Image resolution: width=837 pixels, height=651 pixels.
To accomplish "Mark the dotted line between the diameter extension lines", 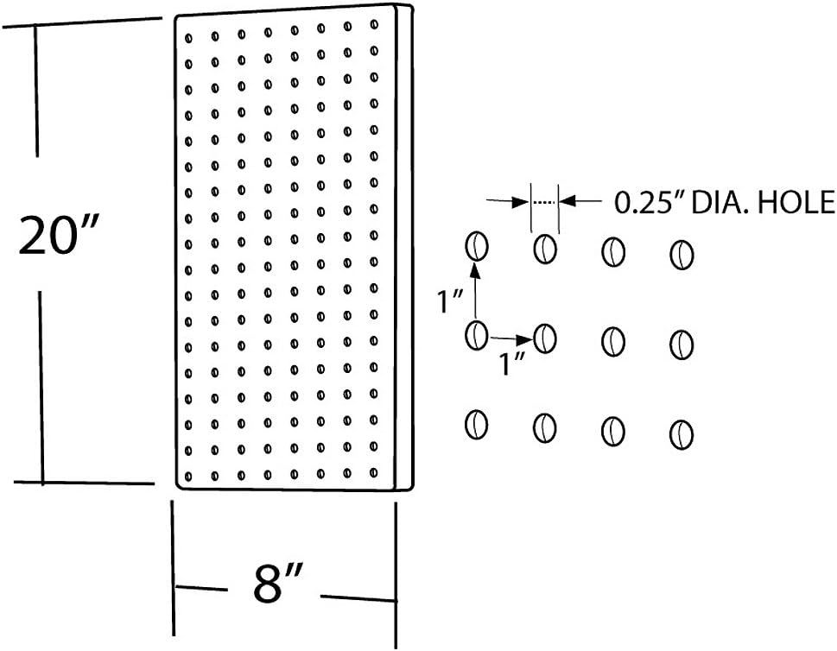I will pos(544,202).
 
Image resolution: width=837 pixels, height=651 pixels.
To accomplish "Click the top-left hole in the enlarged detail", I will pos(476,247).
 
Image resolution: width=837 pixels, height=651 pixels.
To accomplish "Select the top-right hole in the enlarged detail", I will pos(682,256).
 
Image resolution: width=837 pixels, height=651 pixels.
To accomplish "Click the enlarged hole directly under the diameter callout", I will pos(544,249).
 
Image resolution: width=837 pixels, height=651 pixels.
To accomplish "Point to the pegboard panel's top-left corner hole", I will pos(188,35).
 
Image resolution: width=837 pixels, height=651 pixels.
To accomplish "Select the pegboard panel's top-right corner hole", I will pos(374,26).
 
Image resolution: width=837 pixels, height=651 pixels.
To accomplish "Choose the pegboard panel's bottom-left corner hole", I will pos(189,475).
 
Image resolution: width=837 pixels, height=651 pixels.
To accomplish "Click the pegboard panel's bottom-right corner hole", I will pos(374,472).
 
